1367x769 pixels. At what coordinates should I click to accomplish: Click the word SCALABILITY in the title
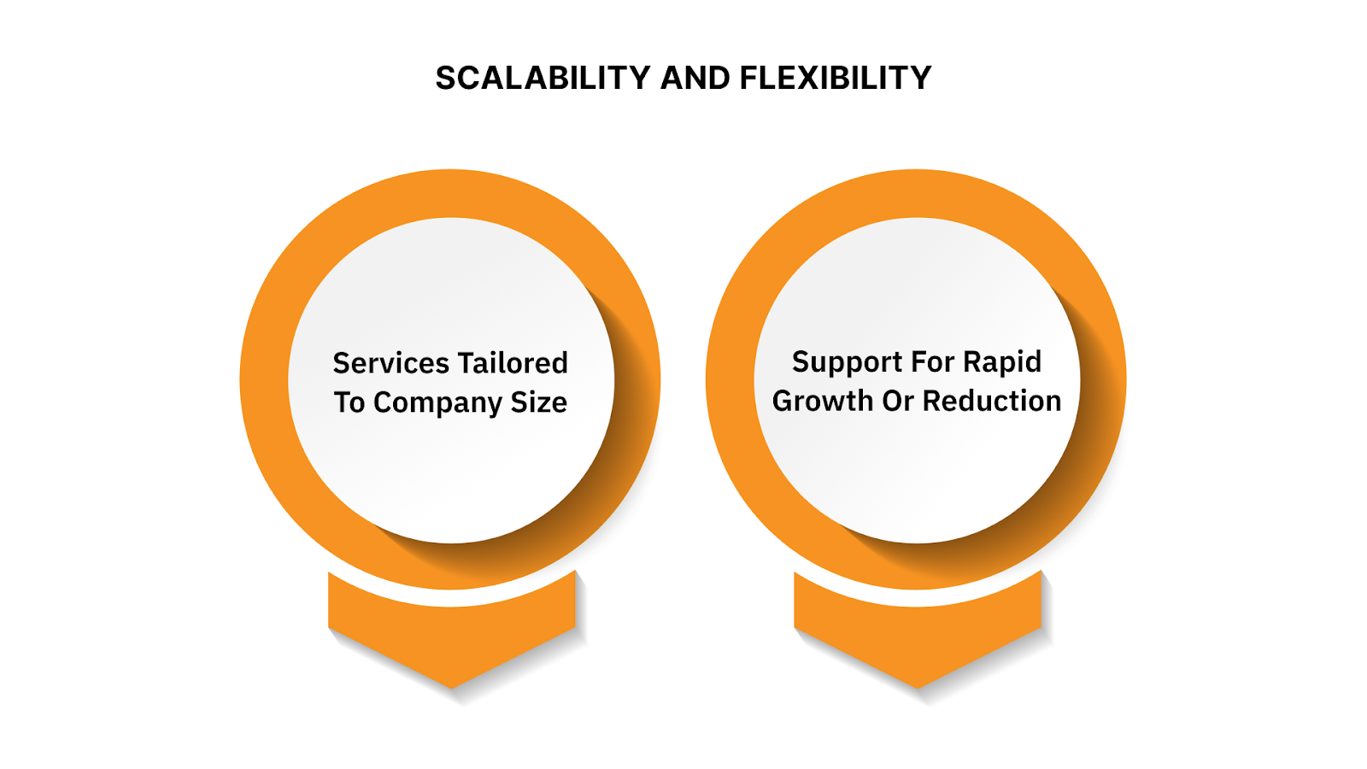click(543, 78)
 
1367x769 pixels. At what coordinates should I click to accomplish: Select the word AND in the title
click(695, 78)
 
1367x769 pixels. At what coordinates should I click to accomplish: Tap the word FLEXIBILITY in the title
click(835, 78)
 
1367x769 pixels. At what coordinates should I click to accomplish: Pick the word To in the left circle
click(349, 402)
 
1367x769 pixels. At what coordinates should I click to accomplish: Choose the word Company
click(437, 403)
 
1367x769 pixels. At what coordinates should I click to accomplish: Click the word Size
click(539, 402)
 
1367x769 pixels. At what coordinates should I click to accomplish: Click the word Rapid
click(1002, 362)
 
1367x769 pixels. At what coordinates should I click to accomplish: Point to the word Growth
click(823, 401)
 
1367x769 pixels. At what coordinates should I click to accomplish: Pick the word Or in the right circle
click(898, 401)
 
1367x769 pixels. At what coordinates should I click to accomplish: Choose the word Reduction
click(992, 401)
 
